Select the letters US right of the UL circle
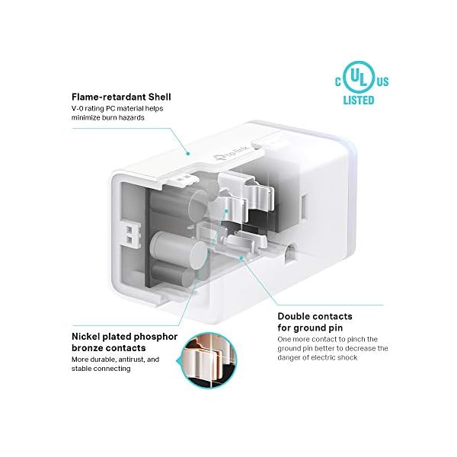click(383, 80)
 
